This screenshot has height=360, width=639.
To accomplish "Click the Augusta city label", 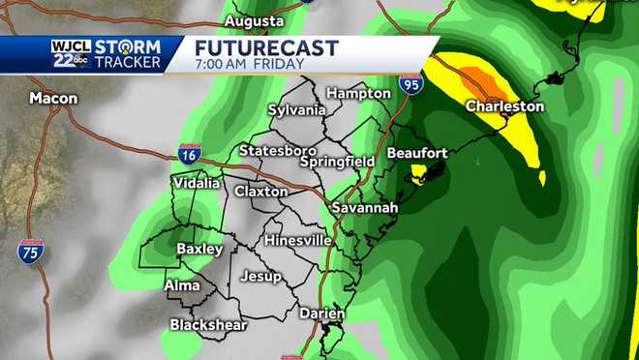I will (x=254, y=20).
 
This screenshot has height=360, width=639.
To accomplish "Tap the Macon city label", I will (x=53, y=98).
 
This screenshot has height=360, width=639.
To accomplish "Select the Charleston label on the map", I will (x=504, y=106).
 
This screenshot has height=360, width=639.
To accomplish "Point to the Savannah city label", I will (x=365, y=208).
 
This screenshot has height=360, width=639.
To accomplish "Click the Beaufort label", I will (x=417, y=153).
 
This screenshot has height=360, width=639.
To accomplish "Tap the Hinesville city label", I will (x=298, y=240).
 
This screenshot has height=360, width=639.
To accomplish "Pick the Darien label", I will (x=321, y=314).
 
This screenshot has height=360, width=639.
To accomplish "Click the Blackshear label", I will (x=208, y=325).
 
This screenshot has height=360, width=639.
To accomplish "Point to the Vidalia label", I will (x=197, y=183).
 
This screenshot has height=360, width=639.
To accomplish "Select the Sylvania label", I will (x=296, y=109).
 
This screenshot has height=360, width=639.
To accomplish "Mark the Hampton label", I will (x=358, y=93).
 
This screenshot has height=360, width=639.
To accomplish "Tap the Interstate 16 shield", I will (x=190, y=154).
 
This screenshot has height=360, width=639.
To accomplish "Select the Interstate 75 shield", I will (x=31, y=253).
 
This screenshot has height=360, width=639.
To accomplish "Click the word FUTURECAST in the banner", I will (x=267, y=47).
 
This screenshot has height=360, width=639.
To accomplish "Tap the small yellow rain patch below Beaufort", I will (x=419, y=173).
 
